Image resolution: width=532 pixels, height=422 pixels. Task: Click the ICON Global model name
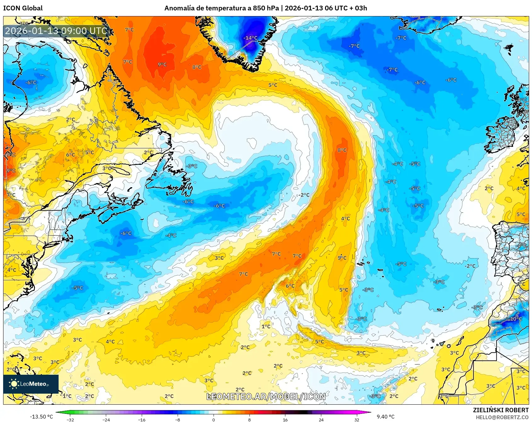click(23, 8)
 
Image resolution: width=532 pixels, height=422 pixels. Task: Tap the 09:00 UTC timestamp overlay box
click(56, 31)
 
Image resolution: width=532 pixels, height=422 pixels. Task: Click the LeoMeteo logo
click(31, 384)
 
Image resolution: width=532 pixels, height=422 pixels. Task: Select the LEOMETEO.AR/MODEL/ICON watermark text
click(266, 396)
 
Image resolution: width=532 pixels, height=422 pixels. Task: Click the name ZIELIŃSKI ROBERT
click(501, 410)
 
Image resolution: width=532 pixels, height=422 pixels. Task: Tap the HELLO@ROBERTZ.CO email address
click(502, 417)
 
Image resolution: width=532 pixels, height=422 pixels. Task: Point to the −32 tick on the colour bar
click(70, 419)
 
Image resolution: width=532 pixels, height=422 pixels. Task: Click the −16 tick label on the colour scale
click(142, 419)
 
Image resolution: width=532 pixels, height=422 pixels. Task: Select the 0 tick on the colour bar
click(214, 419)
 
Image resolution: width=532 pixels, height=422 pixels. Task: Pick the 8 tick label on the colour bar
click(249, 419)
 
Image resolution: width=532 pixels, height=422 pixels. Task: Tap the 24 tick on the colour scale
click(321, 419)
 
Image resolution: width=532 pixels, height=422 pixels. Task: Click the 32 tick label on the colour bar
click(357, 419)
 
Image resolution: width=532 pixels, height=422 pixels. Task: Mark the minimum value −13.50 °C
click(41, 417)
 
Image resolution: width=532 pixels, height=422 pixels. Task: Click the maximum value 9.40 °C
click(386, 417)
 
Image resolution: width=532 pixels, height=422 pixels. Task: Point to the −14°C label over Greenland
click(250, 38)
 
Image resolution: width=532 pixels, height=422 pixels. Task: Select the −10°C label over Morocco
click(514, 319)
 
